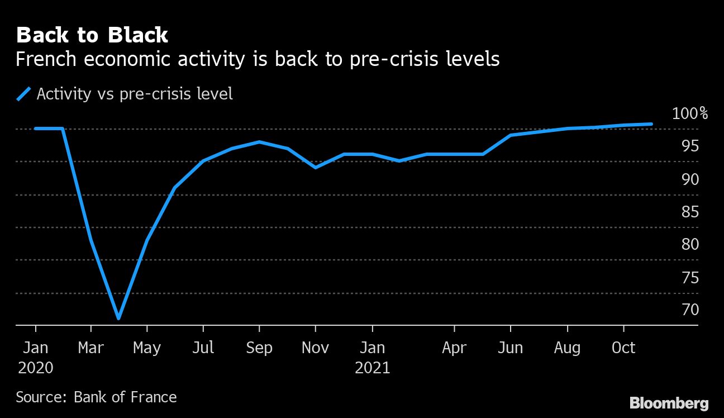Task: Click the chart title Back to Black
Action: click(x=92, y=35)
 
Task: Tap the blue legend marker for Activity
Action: click(x=23, y=94)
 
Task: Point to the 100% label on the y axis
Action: click(x=689, y=114)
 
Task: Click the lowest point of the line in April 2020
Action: click(x=118, y=319)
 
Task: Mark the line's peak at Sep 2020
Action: click(x=259, y=141)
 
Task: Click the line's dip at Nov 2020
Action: click(x=315, y=167)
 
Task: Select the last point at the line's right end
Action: click(x=651, y=124)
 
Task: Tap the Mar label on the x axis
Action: click(x=90, y=348)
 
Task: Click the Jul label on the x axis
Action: click(x=203, y=348)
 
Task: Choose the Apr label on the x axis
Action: click(x=454, y=348)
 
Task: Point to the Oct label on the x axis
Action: click(x=623, y=348)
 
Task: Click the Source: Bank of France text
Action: click(x=96, y=397)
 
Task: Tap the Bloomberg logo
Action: click(x=669, y=403)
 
